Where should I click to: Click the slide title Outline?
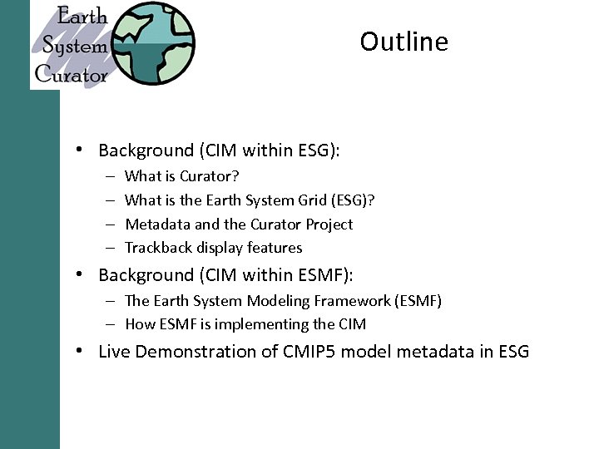tap(403, 42)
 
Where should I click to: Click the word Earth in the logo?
tap(82, 17)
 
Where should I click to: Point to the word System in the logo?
tap(75, 46)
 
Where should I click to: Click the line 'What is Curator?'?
tap(181, 176)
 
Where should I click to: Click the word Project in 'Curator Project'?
tap(329, 224)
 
